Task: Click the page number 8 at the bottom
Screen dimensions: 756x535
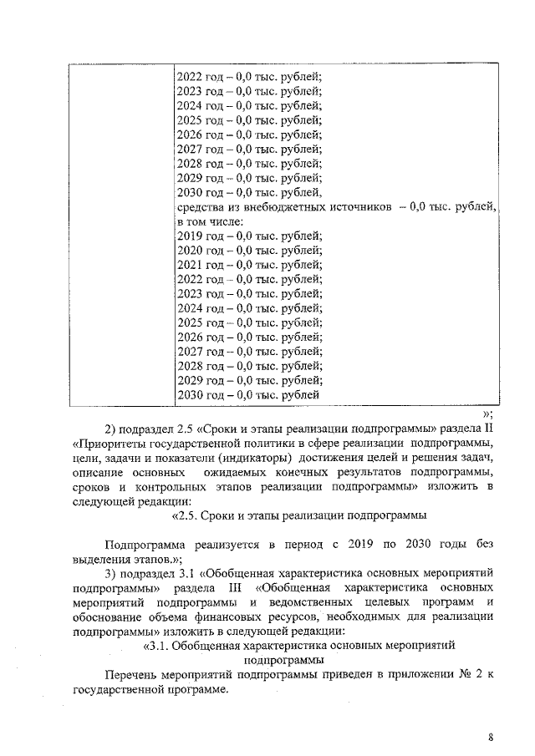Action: coord(492,737)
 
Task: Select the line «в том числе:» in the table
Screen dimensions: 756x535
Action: coord(209,221)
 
